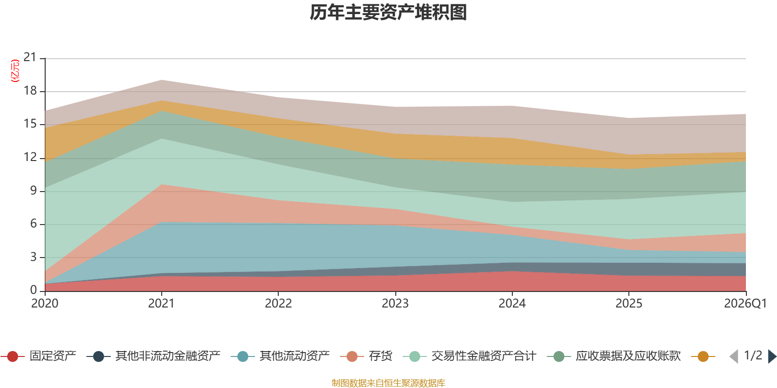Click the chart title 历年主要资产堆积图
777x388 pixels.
388,13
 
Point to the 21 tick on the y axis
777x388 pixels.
30,57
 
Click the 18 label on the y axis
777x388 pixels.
30,91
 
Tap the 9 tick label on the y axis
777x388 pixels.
34,191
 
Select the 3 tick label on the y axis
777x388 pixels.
34,257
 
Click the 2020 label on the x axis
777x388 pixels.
45,304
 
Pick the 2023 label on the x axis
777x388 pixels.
395,304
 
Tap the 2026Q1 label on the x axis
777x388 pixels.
745,304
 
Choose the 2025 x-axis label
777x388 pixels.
629,304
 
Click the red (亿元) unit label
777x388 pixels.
15,71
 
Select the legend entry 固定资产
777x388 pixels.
38,356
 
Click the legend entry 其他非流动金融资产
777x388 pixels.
153,356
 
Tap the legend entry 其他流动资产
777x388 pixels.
280,356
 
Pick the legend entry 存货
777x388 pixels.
366,356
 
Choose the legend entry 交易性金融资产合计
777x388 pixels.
470,356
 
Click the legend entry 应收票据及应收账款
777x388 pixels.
614,356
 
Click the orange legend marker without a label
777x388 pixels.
703,356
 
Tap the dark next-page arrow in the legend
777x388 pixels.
772,356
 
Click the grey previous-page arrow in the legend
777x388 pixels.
734,356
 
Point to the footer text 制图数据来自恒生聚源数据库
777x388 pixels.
388,383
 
